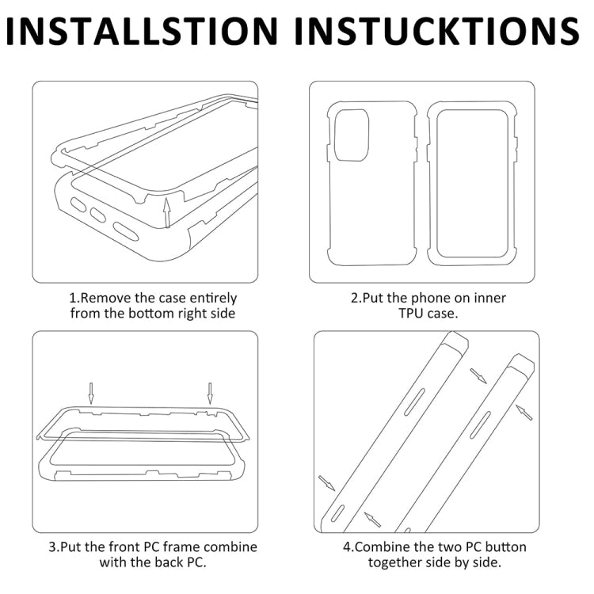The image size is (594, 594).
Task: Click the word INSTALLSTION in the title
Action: pyautogui.click(x=142, y=31)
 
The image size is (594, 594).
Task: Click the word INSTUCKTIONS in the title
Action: pyautogui.click(x=436, y=31)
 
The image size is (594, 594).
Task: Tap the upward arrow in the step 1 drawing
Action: pyautogui.click(x=166, y=213)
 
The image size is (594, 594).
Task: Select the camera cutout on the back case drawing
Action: pyautogui.click(x=352, y=135)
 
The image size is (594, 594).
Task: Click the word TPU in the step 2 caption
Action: pyautogui.click(x=411, y=314)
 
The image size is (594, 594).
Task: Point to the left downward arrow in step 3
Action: pyautogui.click(x=91, y=393)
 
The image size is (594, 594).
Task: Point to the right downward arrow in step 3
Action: pyautogui.click(x=210, y=393)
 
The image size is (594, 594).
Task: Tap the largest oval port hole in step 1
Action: pyautogui.click(x=126, y=231)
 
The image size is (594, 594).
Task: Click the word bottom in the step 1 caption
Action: pyautogui.click(x=151, y=314)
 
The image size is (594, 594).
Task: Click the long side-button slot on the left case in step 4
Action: pyautogui.click(x=414, y=402)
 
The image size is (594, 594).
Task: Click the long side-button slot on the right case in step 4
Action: pyautogui.click(x=480, y=425)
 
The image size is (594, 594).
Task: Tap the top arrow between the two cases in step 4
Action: pyautogui.click(x=478, y=375)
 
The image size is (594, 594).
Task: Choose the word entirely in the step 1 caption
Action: pyautogui.click(x=213, y=299)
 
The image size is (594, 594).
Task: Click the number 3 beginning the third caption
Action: pyautogui.click(x=53, y=547)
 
